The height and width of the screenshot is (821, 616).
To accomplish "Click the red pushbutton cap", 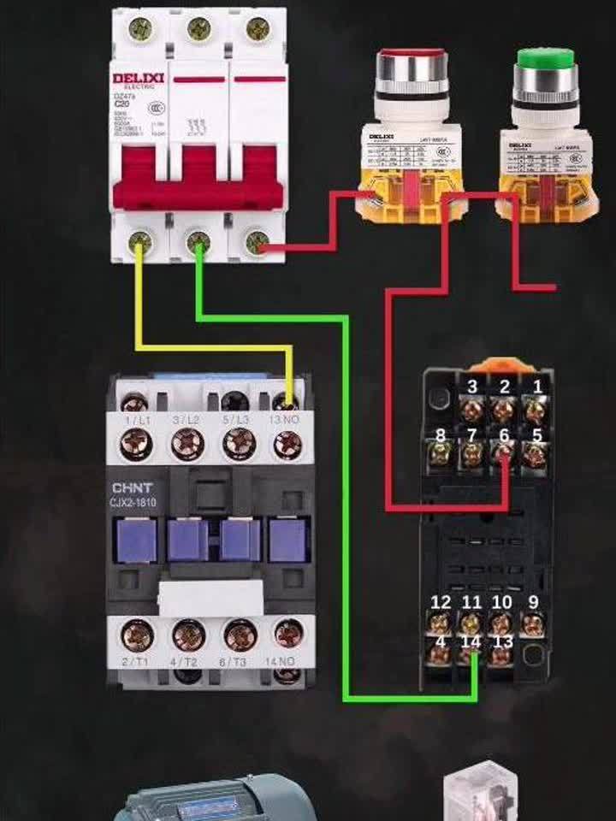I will [x=412, y=59].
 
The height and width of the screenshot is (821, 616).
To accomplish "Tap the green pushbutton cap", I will [x=545, y=59].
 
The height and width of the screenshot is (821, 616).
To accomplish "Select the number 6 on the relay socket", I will [x=504, y=435].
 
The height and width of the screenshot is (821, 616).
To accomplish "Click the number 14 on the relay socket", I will [x=471, y=641].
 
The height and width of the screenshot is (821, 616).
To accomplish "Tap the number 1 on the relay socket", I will [x=537, y=387].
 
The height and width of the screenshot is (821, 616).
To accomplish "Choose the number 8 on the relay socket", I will [x=441, y=435].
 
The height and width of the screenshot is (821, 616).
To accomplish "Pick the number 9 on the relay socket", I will [x=533, y=602].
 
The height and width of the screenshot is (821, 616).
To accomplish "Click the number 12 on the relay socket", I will [x=441, y=602].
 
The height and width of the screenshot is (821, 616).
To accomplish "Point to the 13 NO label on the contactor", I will [x=286, y=421].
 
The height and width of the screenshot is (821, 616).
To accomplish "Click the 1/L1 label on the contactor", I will [x=136, y=421].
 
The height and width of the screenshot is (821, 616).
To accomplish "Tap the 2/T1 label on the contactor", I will [x=136, y=663].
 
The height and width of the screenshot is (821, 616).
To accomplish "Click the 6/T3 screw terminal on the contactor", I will [x=240, y=635].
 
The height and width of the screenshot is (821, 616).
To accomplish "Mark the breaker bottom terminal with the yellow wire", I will [x=139, y=245].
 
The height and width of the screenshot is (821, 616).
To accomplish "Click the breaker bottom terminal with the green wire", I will [x=198, y=245].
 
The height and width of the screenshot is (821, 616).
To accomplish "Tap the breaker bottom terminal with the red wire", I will [x=255, y=245].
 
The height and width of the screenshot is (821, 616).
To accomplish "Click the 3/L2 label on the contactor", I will [x=186, y=421].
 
